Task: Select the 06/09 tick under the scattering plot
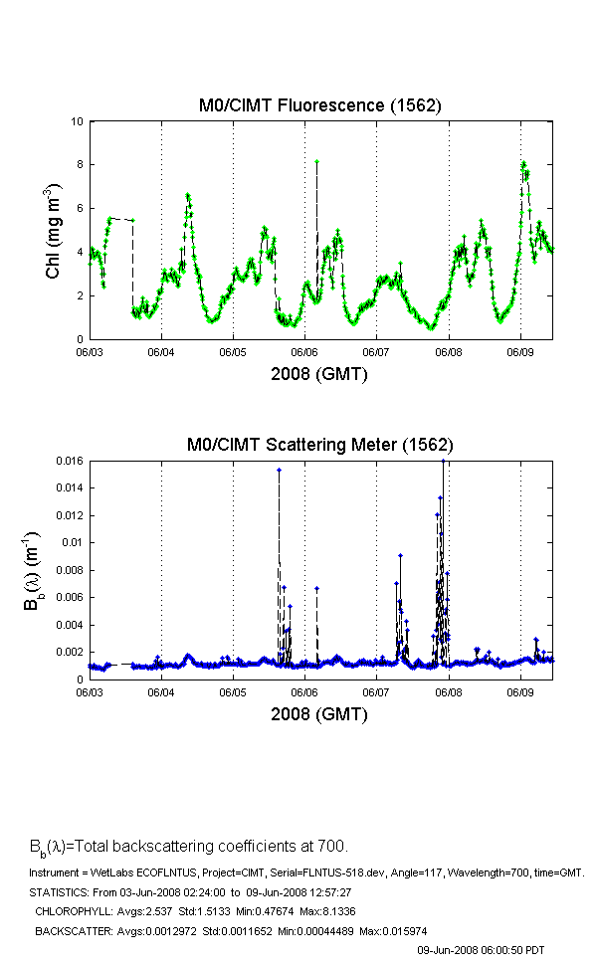coord(520,691)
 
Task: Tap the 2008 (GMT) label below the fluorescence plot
coord(320,375)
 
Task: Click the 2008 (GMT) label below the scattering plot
coord(320,714)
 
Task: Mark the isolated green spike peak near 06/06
coord(316,161)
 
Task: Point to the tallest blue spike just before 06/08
coord(443,462)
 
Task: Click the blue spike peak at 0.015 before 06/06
coord(279,470)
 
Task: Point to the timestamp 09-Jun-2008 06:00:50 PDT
coord(480,951)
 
